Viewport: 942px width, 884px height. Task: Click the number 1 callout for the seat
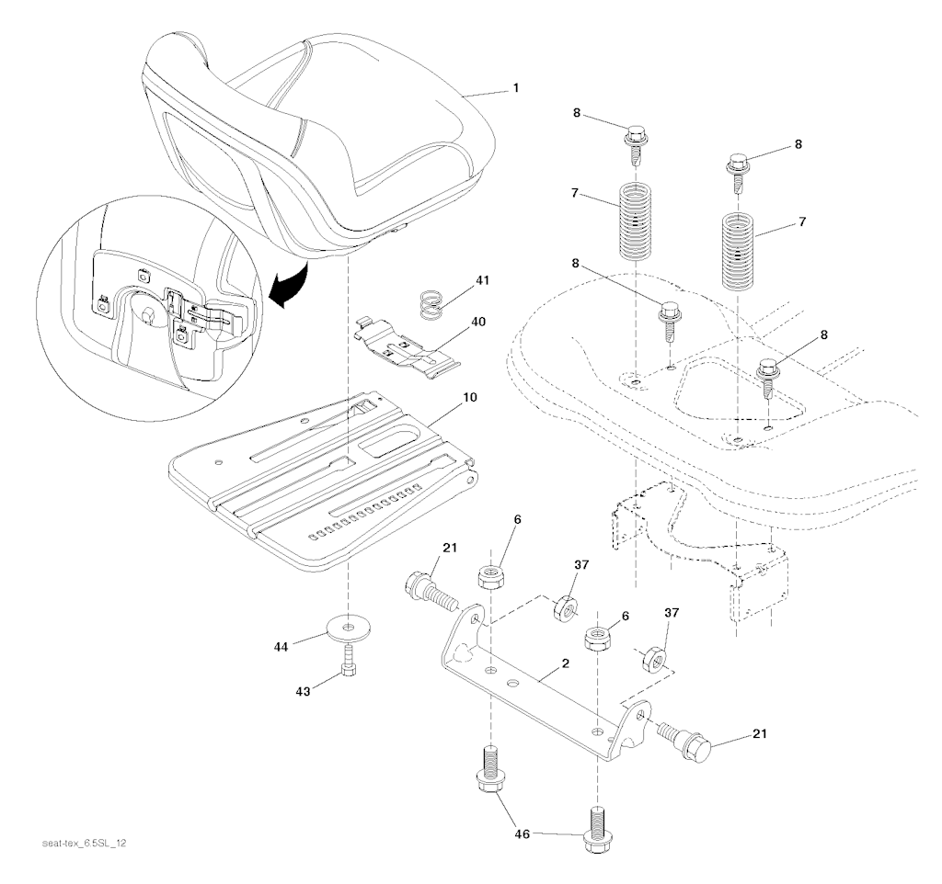pos(515,88)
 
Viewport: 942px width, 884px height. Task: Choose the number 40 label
pos(479,323)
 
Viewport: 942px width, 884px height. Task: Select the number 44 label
pos(280,648)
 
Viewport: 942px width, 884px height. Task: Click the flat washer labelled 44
pos(346,630)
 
